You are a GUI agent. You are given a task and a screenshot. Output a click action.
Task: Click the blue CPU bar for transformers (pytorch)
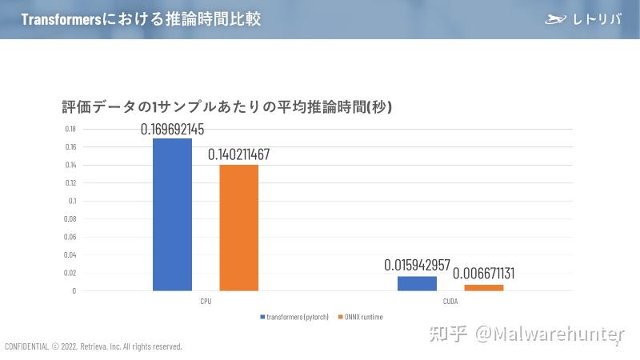point(172,214)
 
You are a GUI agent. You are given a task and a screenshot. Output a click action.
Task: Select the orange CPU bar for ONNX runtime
point(238,227)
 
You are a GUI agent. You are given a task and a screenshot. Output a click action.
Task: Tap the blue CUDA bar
point(417,283)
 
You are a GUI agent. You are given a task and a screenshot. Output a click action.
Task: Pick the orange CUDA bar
point(483,287)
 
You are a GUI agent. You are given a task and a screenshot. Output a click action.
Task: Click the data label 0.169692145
point(183,130)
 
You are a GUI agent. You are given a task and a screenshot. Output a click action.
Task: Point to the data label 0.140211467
point(238,154)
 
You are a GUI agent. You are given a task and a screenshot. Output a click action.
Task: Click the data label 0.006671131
point(483,274)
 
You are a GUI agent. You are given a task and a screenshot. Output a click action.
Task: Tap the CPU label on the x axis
point(206,302)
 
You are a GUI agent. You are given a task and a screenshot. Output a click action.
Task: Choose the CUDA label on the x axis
point(450,302)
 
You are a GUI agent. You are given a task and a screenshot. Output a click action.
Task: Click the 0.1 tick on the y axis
point(72,201)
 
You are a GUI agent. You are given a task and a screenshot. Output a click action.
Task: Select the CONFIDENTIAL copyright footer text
point(94,346)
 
